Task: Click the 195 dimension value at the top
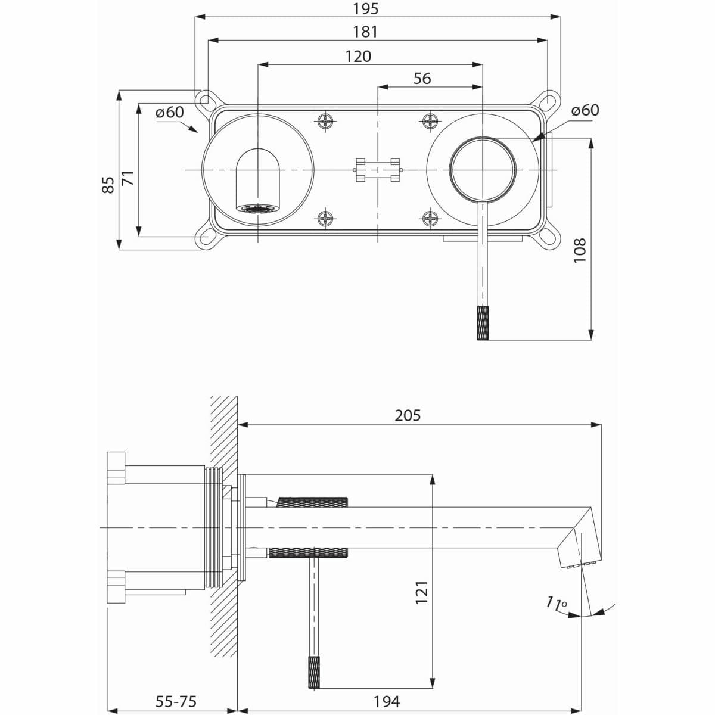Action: tap(365, 8)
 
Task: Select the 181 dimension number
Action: tap(365, 32)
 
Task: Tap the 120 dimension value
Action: tap(358, 56)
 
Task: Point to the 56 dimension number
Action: tap(422, 79)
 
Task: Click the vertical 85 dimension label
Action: tap(108, 185)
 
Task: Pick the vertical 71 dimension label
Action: tap(128, 178)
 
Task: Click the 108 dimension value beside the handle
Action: tap(580, 250)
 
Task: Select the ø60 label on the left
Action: tap(169, 112)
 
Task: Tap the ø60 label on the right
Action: tap(585, 110)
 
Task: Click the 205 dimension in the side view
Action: tap(408, 415)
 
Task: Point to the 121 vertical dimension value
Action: tap(422, 593)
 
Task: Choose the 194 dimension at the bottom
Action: tap(387, 701)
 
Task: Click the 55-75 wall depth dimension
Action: tap(176, 701)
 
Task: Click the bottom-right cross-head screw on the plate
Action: tap(431, 219)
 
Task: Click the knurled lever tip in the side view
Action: tap(315, 672)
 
